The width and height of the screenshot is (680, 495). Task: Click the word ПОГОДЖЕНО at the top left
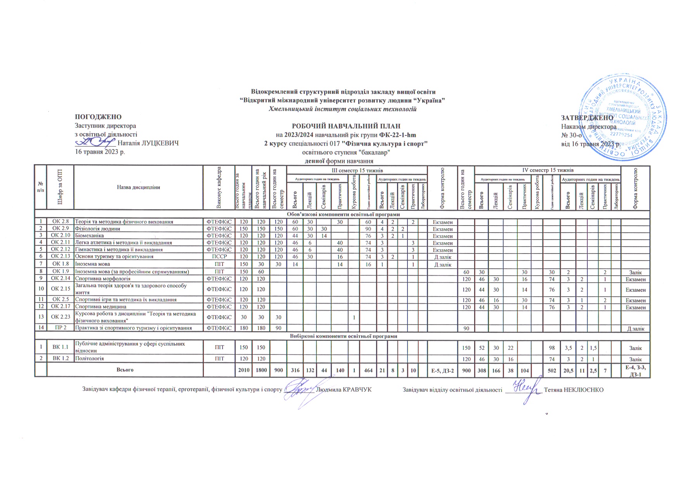click(x=98, y=117)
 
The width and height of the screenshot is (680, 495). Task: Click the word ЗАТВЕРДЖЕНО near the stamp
click(x=587, y=118)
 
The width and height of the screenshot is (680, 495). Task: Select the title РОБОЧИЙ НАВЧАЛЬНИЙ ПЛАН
click(x=345, y=126)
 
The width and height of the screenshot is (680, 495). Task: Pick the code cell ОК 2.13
click(x=60, y=256)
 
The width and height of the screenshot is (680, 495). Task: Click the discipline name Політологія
click(x=89, y=358)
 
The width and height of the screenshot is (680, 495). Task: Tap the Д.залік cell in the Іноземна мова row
click(x=442, y=264)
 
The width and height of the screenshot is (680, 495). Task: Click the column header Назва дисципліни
click(x=138, y=187)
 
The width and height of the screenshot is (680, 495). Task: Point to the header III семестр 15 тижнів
click(x=357, y=170)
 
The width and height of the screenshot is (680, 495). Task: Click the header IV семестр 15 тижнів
click(x=547, y=170)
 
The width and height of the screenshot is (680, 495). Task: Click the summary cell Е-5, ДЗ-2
click(x=442, y=370)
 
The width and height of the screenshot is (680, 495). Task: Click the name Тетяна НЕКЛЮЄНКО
click(x=574, y=389)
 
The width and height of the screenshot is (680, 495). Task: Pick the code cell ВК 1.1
click(x=60, y=346)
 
